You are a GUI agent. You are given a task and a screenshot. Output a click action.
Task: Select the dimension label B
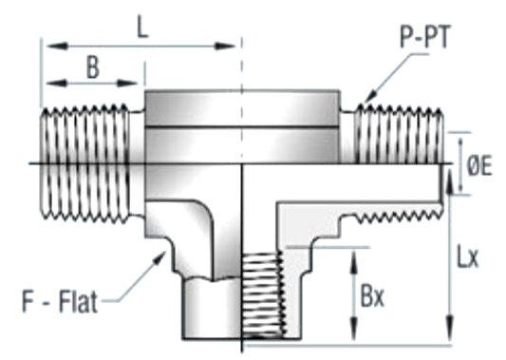coord(93,67)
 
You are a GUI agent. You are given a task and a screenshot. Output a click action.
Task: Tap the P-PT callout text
coord(424,37)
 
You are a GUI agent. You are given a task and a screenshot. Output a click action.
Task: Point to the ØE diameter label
coord(479,166)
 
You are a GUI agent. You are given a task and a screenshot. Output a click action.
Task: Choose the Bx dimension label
coord(372,295)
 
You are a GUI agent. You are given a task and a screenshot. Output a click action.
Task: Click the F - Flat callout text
coord(60,301)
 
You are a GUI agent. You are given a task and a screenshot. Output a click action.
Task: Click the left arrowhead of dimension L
coord(57,46)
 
